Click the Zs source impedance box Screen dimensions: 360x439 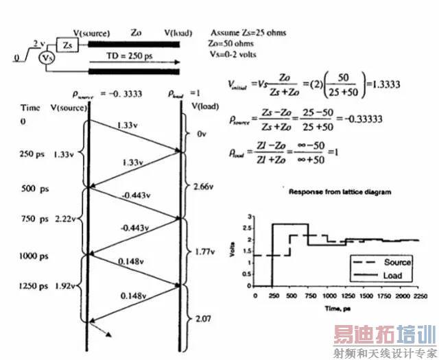click(67, 45)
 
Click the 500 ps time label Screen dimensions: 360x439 click(32, 188)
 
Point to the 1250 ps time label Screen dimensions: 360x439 click(34, 287)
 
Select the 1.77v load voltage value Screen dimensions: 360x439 click(203, 252)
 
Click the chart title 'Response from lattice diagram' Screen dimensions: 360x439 click(340, 192)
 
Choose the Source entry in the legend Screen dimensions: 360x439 click(397, 262)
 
